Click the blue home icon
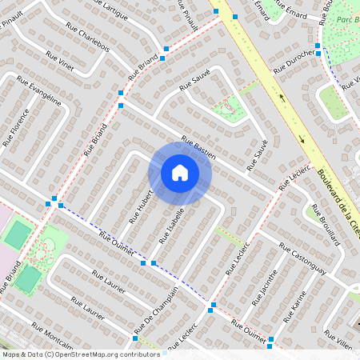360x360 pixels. click(180, 173)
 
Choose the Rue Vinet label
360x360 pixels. click(60, 62)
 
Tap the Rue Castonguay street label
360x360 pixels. click(303, 262)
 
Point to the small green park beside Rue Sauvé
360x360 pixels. click(228, 107)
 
